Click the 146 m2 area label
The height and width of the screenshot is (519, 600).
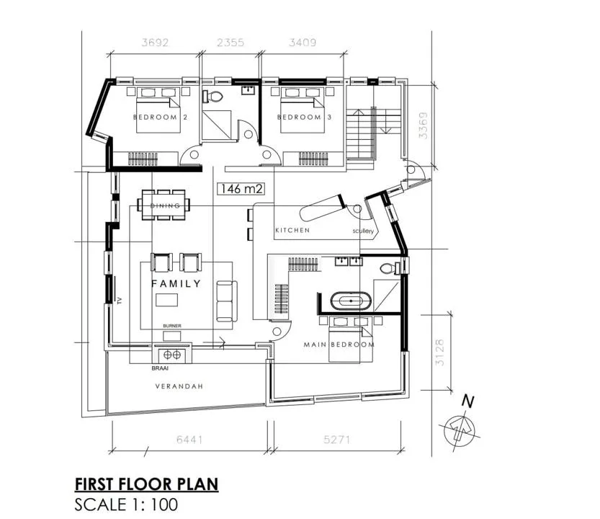click(x=241, y=189)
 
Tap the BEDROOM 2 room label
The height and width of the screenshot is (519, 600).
click(x=161, y=117)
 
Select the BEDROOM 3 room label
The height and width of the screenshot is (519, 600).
click(x=304, y=117)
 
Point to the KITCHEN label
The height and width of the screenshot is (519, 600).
click(x=292, y=230)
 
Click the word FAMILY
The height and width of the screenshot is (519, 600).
click(x=176, y=283)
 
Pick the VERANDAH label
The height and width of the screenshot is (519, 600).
click(x=179, y=386)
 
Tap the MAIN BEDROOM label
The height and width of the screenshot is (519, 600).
click(x=339, y=345)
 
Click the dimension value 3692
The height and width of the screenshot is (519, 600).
click(x=155, y=42)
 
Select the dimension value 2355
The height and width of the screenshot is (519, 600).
click(x=230, y=42)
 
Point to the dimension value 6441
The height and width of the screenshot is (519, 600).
click(x=189, y=439)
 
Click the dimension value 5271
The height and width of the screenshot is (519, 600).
click(x=337, y=439)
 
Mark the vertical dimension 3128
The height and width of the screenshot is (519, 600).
click(x=439, y=352)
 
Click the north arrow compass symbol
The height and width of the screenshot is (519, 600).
click(x=460, y=429)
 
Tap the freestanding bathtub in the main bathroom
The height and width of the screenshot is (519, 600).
click(x=351, y=301)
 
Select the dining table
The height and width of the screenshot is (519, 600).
click(x=164, y=205)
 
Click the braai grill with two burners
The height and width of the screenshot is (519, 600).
click(x=172, y=355)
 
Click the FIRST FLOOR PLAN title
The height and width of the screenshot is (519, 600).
click(x=146, y=484)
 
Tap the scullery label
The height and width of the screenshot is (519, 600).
click(x=363, y=231)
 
